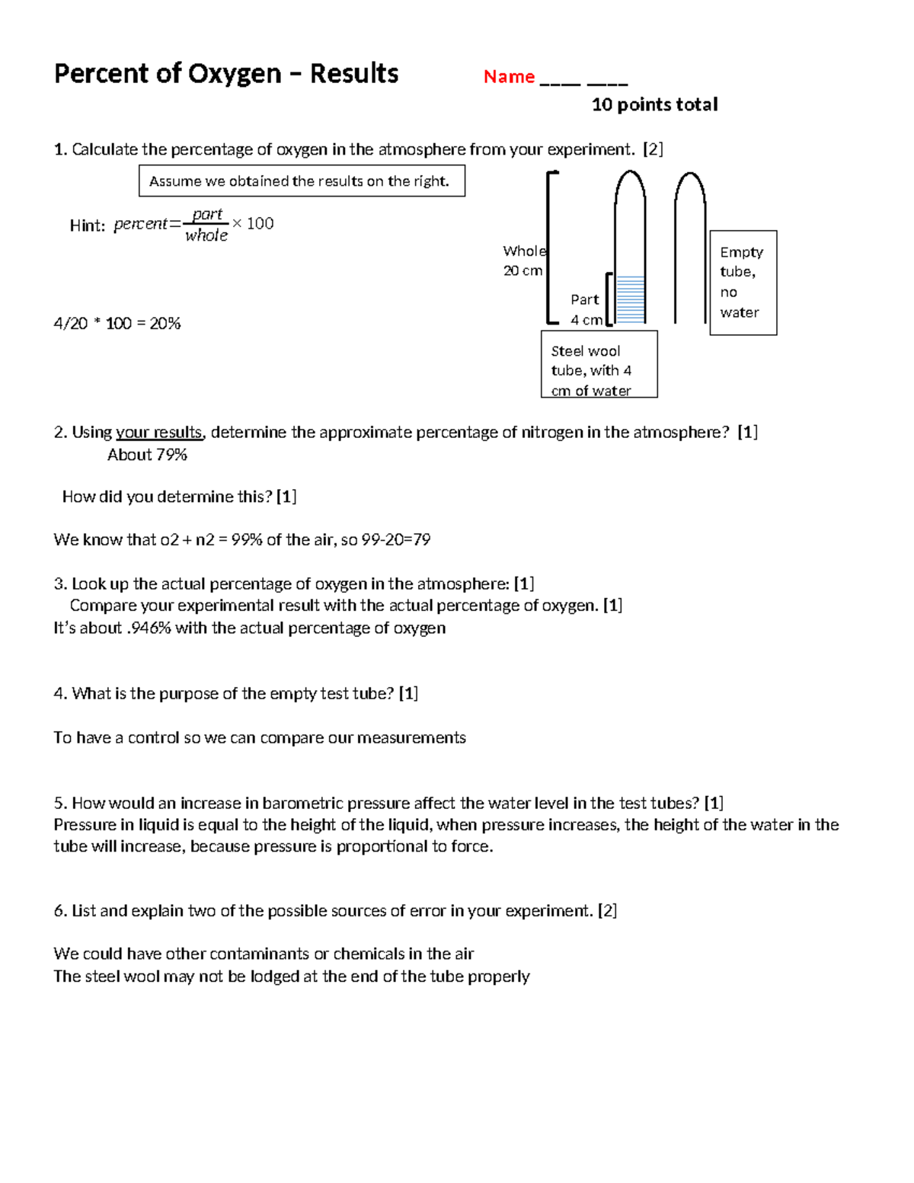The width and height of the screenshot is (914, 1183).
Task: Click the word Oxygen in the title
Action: click(x=235, y=74)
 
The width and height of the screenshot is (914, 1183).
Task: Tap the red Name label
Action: click(x=509, y=77)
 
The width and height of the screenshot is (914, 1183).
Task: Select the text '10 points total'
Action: click(x=654, y=104)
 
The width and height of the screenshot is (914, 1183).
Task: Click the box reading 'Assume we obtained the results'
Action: click(x=302, y=181)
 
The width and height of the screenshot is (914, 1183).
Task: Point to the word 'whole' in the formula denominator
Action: click(x=206, y=235)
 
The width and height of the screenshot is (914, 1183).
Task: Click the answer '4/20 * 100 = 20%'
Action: click(x=117, y=324)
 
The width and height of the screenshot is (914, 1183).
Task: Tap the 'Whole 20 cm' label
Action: click(x=523, y=261)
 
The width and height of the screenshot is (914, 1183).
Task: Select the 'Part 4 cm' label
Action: click(x=586, y=309)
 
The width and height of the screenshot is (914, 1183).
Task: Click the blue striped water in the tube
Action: click(x=630, y=299)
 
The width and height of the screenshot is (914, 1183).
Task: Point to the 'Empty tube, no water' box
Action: click(x=743, y=283)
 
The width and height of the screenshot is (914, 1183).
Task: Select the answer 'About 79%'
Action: click(x=147, y=455)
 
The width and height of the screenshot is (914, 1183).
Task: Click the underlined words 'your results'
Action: click(x=158, y=433)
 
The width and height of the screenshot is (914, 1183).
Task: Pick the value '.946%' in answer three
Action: click(x=148, y=628)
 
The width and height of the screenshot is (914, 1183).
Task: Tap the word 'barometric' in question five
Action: click(x=298, y=804)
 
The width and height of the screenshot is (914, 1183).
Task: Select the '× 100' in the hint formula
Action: click(x=253, y=224)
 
